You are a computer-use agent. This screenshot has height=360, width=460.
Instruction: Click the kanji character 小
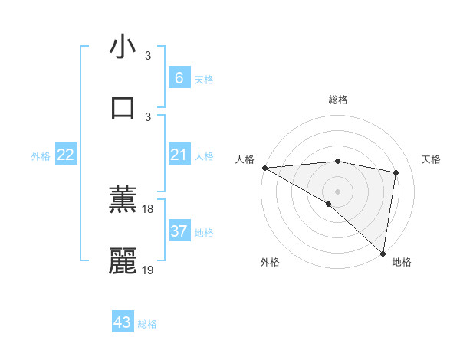coord(123,47)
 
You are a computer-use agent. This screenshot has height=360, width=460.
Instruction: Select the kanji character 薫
coord(123,201)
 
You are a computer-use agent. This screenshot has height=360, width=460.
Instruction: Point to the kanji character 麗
coord(123,261)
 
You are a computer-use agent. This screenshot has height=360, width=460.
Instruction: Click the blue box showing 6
coord(179,77)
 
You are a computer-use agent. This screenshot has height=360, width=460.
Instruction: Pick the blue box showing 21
coord(179,155)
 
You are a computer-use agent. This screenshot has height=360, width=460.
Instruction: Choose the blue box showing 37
coord(179,231)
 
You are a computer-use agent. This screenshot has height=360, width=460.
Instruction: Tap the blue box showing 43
coord(123,322)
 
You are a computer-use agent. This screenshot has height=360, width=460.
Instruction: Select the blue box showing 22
coord(66,155)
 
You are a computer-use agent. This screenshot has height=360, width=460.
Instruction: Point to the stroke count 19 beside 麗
coord(148,270)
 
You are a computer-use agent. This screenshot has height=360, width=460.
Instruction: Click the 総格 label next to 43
coord(147,324)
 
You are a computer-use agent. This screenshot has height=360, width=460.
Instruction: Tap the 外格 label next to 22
coord(41,156)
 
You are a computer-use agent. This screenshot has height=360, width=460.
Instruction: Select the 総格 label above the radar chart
coord(337,100)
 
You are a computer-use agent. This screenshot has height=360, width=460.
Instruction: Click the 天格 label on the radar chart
coord(432,159)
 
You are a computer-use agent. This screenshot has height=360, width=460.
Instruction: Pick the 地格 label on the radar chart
coord(402,262)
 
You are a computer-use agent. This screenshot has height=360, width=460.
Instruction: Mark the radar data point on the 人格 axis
coord(264,168)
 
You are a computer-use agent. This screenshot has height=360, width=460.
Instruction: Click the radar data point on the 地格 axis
coord(383,253)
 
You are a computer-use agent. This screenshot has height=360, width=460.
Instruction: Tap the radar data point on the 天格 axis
coord(396,172)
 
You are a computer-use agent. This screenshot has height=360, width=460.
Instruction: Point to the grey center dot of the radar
coord(337,191)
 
